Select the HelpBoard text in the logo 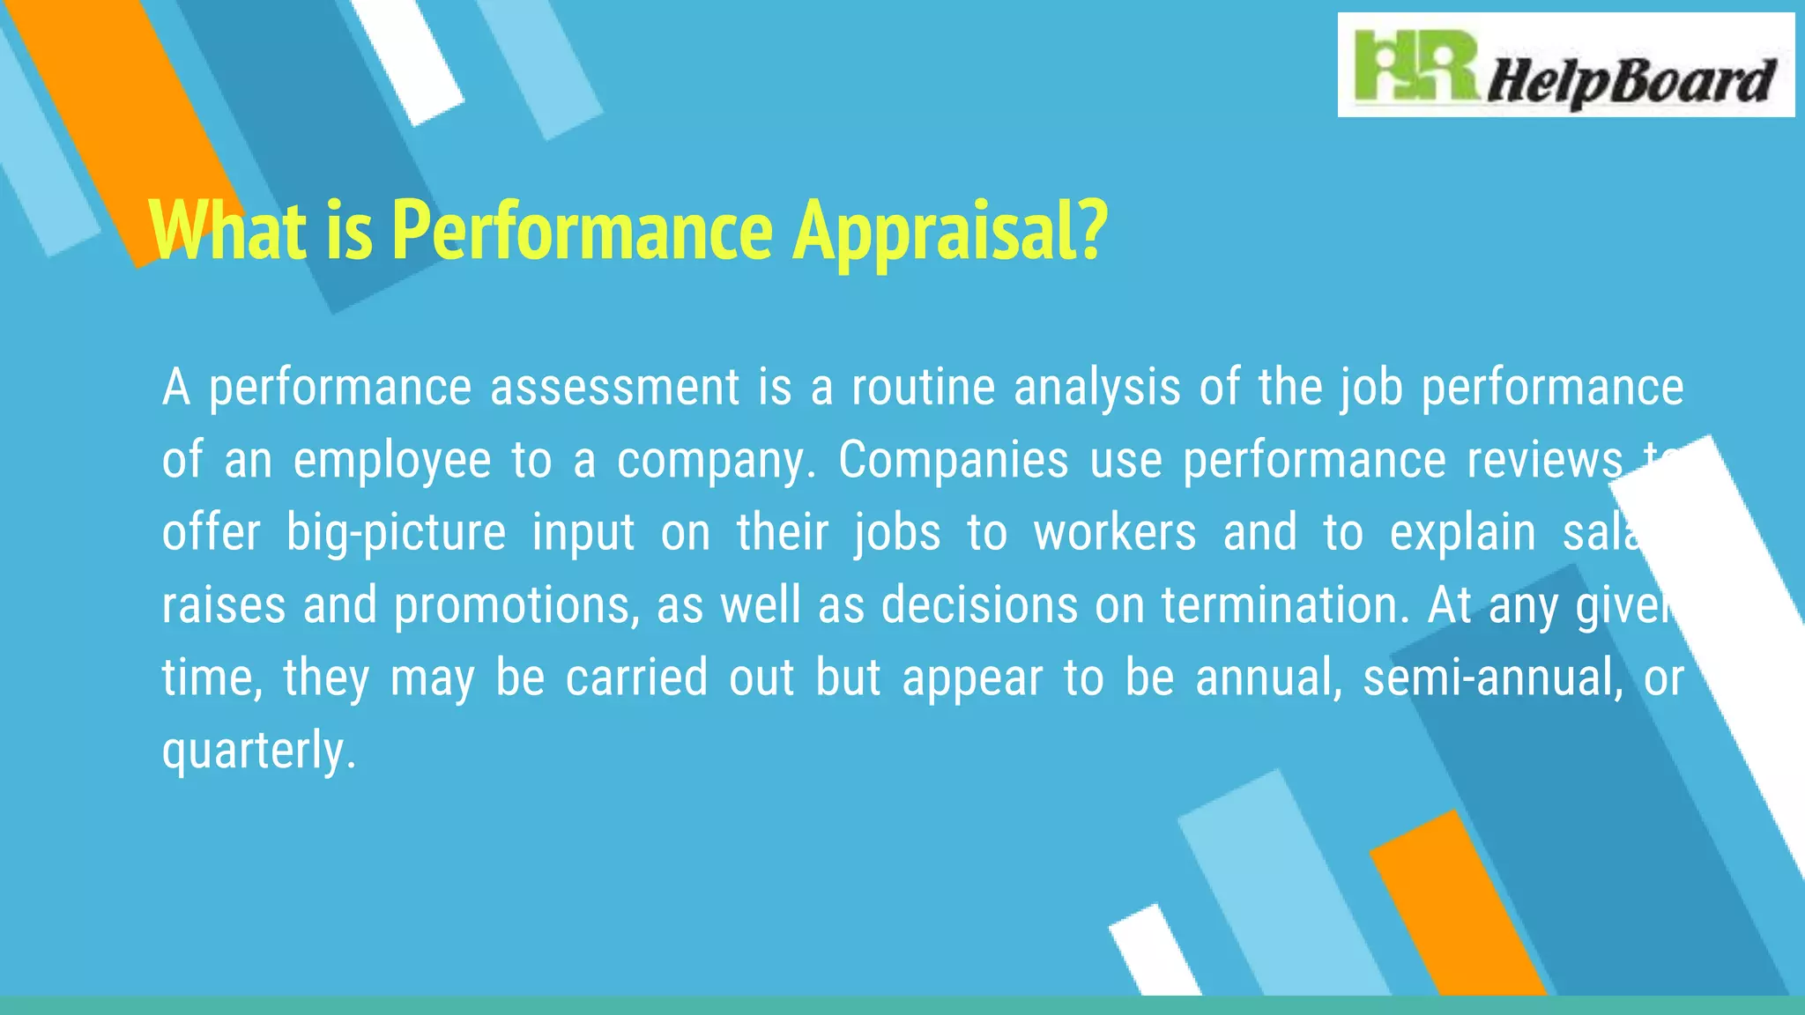pos(1630,82)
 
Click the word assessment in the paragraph pos(614,388)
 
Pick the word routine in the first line pos(923,388)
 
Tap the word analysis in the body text pos(1096,388)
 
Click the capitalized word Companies pos(953,460)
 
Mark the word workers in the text pos(1115,533)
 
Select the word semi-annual pos(1493,678)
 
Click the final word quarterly pos(258,752)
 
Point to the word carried pos(636,678)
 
